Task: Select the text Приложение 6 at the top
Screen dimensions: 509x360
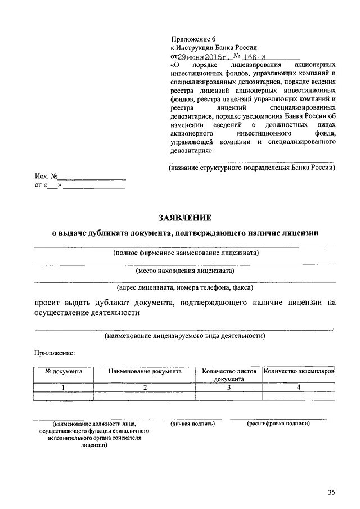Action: [193, 39]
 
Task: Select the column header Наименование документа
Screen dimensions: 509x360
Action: [145, 372]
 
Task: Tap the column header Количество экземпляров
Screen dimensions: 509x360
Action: [299, 372]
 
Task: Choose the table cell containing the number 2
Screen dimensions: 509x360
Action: [145, 387]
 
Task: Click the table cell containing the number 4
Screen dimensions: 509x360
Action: [299, 387]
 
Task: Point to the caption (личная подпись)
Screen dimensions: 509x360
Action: [193, 423]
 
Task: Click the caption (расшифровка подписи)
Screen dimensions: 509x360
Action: [278, 423]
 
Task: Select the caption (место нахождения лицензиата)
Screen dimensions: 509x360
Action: [185, 271]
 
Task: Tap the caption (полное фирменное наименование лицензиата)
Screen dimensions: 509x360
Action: [185, 253]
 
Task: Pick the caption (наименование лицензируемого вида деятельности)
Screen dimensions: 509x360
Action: [185, 335]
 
